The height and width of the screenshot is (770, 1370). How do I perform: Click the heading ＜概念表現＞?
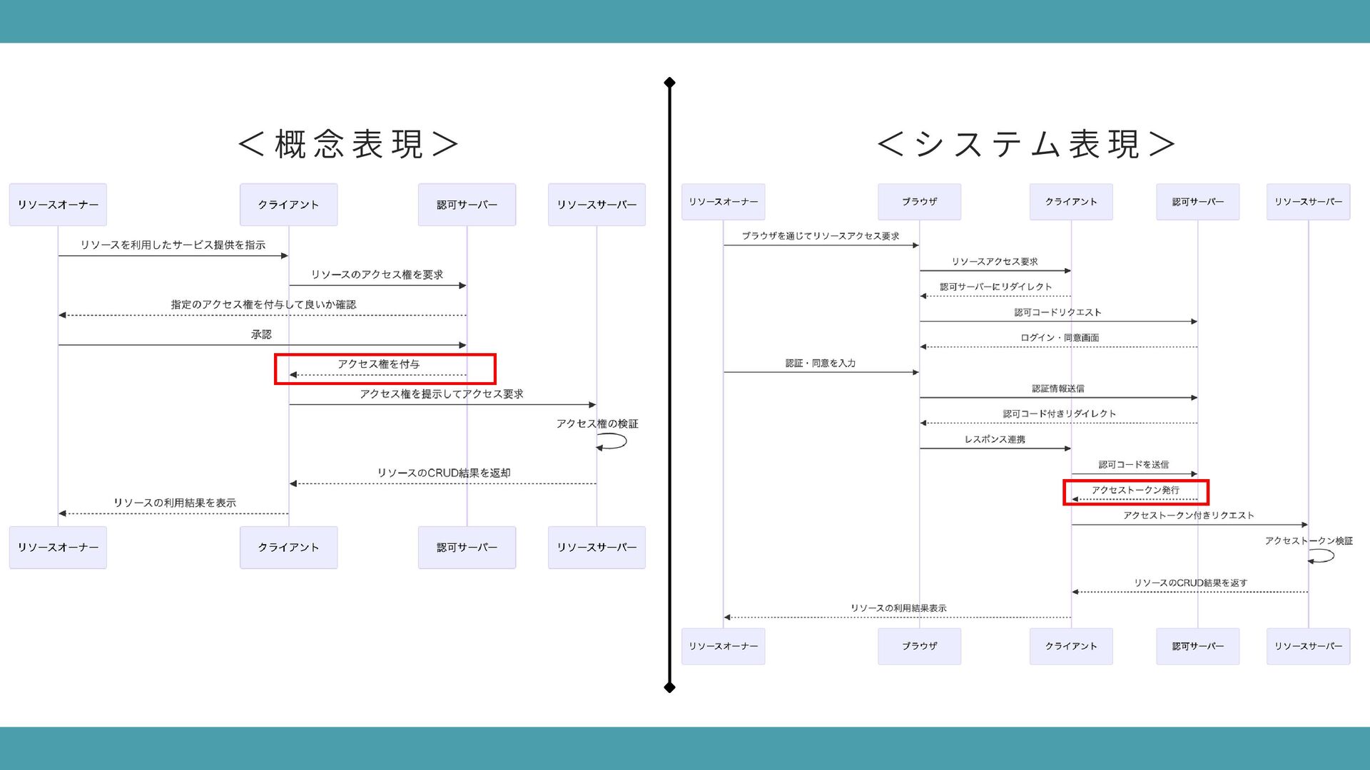348,144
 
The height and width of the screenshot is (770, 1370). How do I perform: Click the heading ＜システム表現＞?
1026,144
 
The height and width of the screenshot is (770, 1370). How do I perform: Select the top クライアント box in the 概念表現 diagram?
288,205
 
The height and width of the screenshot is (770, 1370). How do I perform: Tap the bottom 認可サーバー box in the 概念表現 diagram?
467,548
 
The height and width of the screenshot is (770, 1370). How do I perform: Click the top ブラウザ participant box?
919,202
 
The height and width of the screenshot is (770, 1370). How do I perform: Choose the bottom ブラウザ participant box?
919,646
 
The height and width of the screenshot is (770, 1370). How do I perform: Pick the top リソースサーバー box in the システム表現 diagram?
1308,202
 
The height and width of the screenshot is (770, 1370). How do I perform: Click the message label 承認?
261,334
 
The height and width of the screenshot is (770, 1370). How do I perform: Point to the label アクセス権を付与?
378,364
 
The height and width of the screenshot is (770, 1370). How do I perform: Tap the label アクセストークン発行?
1135,490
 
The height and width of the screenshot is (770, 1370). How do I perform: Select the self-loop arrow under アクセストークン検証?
1322,555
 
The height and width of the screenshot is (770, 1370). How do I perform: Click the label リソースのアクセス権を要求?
377,274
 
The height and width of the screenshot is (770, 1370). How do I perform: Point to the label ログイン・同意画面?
1059,338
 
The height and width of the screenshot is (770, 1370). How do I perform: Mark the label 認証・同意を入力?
821,363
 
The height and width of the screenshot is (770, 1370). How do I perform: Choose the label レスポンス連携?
995,439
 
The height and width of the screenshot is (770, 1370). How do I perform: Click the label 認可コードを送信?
1133,465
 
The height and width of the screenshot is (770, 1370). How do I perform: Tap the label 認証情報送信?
1057,389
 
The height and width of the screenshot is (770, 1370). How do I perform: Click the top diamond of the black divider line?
669,83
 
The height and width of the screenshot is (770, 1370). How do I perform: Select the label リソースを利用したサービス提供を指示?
173,245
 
